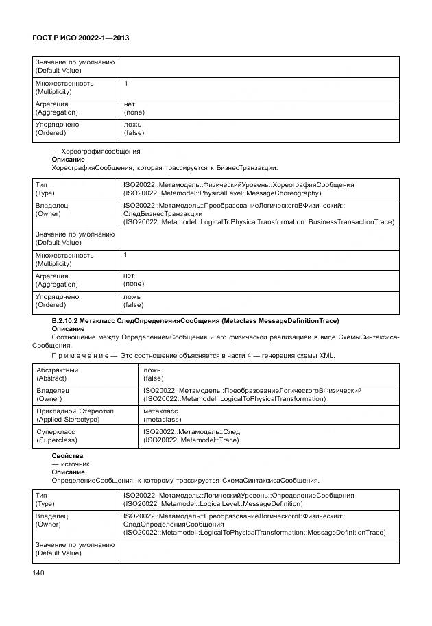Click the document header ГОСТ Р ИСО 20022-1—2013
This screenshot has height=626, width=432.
(x=82, y=38)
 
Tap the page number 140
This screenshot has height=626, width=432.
(x=39, y=573)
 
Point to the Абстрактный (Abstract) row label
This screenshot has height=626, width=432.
(x=57, y=374)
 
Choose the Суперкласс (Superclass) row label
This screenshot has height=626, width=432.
(x=57, y=435)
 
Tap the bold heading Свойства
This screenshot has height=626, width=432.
(x=67, y=455)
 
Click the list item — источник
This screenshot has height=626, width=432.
(x=71, y=464)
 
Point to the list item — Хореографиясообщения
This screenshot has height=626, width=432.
(x=96, y=151)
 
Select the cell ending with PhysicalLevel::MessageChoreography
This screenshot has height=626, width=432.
(x=238, y=189)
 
